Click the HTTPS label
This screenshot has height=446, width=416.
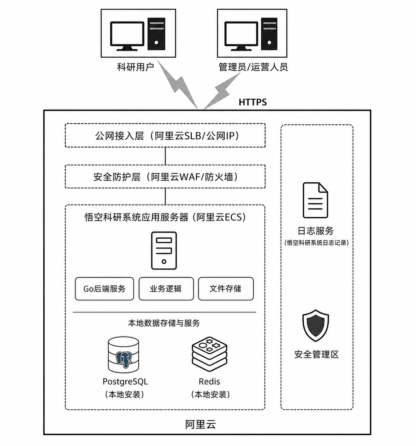tap(252, 102)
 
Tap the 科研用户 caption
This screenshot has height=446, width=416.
tap(135, 67)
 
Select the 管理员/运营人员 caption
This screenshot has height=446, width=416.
tap(253, 67)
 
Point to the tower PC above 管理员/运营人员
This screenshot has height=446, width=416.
tap(269, 34)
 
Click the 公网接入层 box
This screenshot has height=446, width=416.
tap(165, 135)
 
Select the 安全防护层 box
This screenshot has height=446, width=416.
tap(165, 177)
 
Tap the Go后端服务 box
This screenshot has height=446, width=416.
tap(104, 288)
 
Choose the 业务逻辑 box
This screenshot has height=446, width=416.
tap(166, 288)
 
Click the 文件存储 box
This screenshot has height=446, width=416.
tap(226, 288)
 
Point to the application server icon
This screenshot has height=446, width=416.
tap(164, 250)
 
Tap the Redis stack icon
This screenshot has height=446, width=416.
tap(209, 354)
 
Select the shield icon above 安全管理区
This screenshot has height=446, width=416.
tap(315, 325)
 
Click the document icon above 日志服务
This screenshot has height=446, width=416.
tap(315, 200)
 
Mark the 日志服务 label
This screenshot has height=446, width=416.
tap(316, 231)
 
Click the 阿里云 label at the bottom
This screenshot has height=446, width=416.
tap(200, 424)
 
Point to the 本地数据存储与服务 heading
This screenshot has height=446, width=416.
tap(164, 323)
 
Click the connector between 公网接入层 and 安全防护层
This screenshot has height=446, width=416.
tap(166, 156)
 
